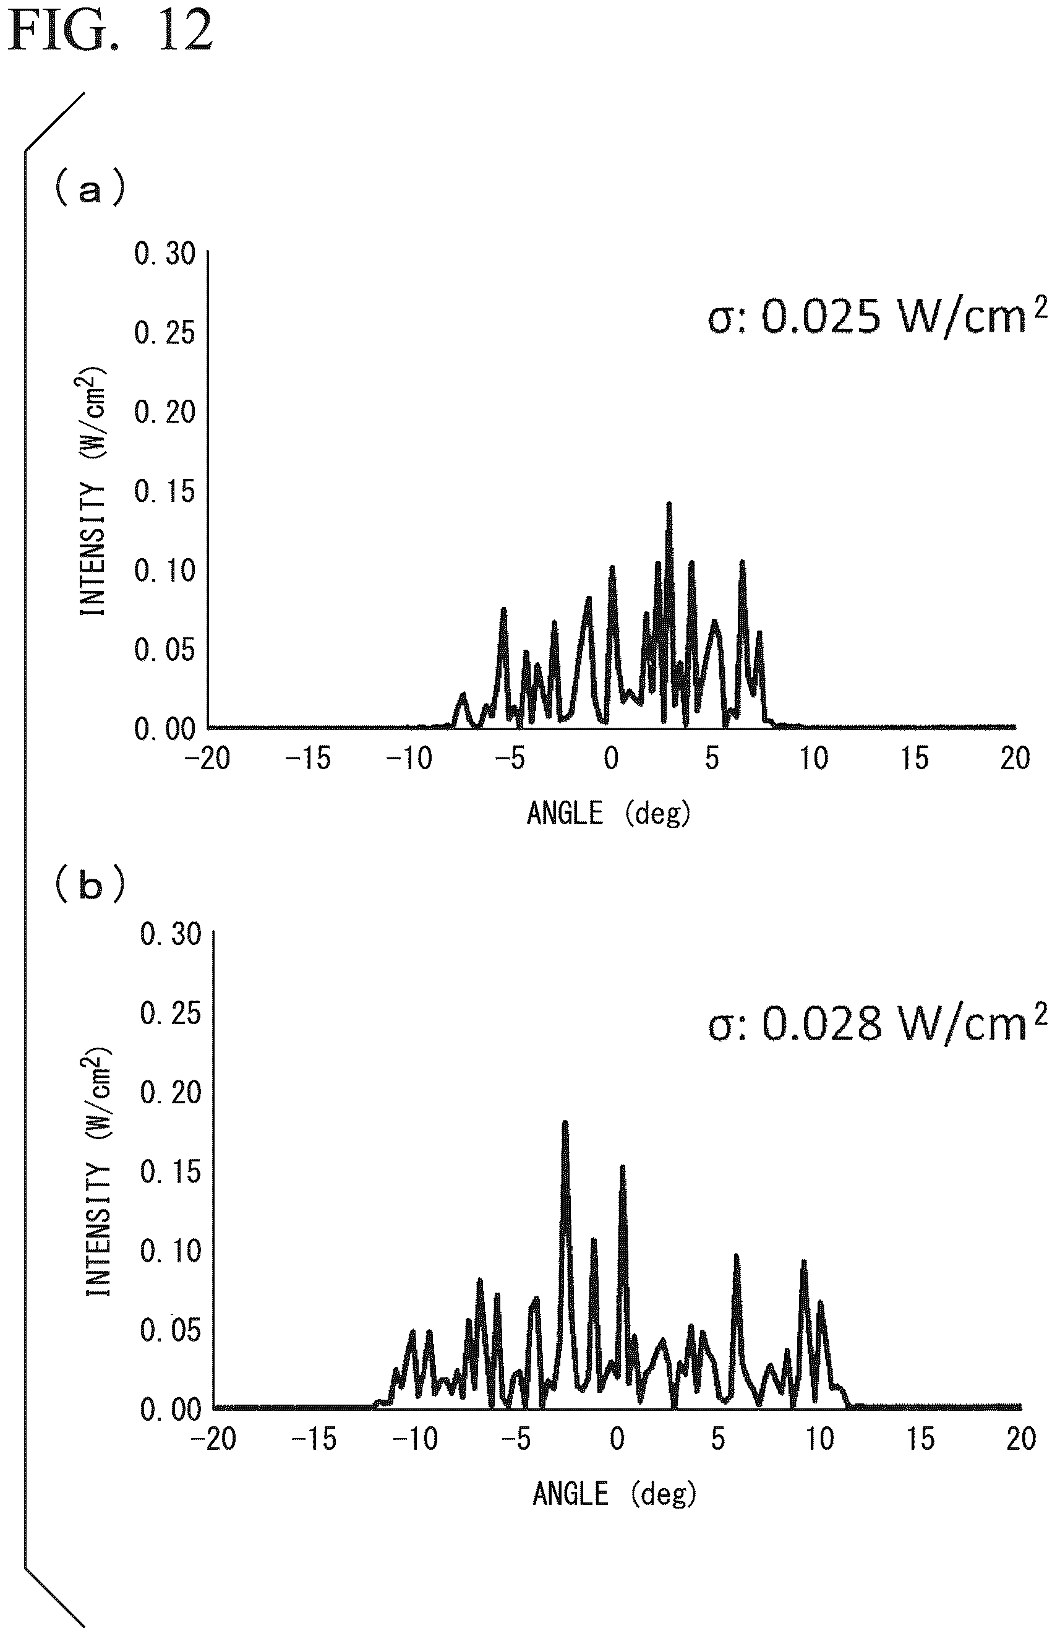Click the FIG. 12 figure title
pyautogui.click(x=110, y=31)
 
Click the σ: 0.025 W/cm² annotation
pyautogui.click(x=878, y=316)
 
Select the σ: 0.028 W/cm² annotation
pyautogui.click(x=878, y=1024)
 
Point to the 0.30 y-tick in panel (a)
pyautogui.click(x=165, y=254)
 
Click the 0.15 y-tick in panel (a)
pyautogui.click(x=165, y=492)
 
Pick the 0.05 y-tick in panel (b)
pyautogui.click(x=171, y=1330)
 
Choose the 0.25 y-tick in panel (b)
pyautogui.click(x=171, y=1013)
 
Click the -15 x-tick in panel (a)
pyautogui.click(x=308, y=759)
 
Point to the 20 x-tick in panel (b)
pyautogui.click(x=1021, y=1439)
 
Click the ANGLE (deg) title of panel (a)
pyautogui.click(x=609, y=814)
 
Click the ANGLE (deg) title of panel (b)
pyautogui.click(x=614, y=1494)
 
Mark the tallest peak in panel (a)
pyautogui.click(x=669, y=504)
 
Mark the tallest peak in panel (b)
pyautogui.click(x=565, y=1122)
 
